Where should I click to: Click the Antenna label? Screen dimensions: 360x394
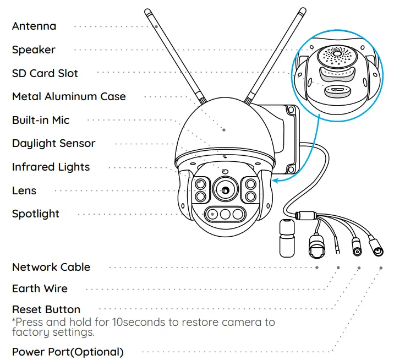pyautogui.click(x=34, y=26)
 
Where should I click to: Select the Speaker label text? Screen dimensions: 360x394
pyautogui.click(x=34, y=50)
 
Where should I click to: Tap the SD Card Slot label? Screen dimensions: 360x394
pyautogui.click(x=45, y=73)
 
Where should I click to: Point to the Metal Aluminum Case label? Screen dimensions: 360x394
pyautogui.click(x=69, y=96)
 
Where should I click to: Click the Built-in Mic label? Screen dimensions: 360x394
pyautogui.click(x=41, y=120)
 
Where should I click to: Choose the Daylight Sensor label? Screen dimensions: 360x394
pyautogui.click(x=53, y=143)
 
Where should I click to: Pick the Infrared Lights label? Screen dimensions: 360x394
pyautogui.click(x=51, y=167)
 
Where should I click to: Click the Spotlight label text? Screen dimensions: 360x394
pyautogui.click(x=36, y=214)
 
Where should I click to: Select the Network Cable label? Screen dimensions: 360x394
pyautogui.click(x=51, y=267)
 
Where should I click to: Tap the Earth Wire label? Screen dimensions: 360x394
pyautogui.click(x=40, y=288)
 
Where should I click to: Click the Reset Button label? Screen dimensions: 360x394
pyautogui.click(x=46, y=309)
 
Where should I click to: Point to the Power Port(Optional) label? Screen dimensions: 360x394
pyautogui.click(x=68, y=352)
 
